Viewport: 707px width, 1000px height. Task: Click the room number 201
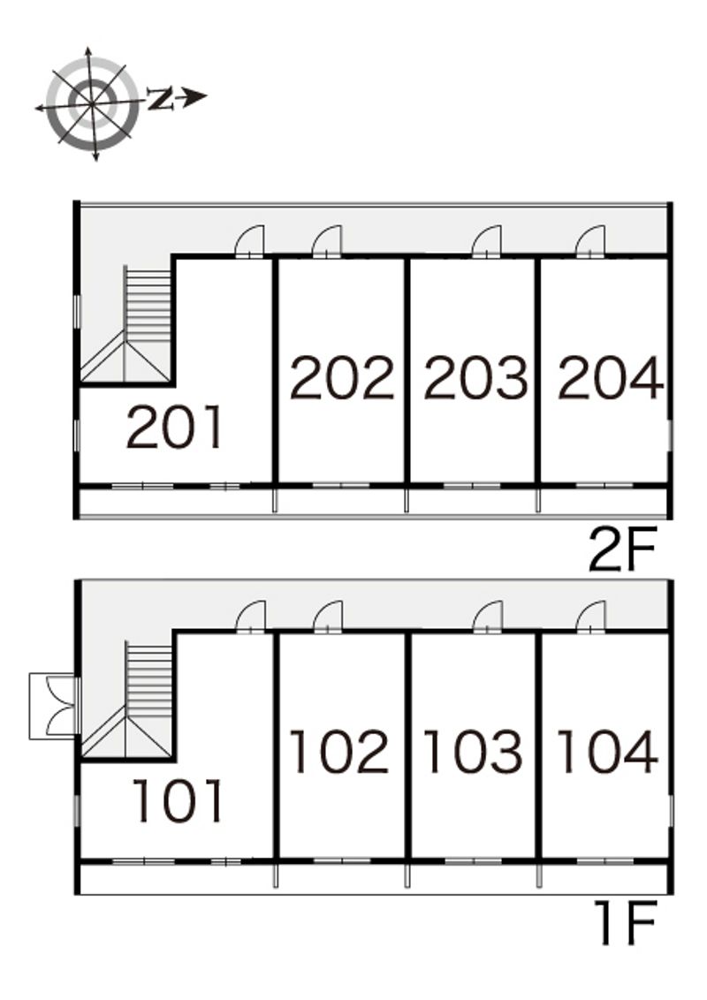(175, 427)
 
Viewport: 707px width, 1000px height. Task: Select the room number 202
(342, 377)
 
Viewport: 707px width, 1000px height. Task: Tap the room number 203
(475, 377)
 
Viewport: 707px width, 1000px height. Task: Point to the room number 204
(610, 377)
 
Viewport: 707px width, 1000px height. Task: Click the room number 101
(178, 800)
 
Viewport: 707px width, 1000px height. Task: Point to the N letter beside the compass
(160, 98)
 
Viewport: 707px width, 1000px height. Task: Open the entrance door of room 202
(327, 242)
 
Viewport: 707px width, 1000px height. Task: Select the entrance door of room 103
(488, 617)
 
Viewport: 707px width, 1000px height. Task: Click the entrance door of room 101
(250, 617)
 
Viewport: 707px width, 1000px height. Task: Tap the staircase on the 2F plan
(127, 324)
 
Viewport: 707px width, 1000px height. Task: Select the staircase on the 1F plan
(127, 701)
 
